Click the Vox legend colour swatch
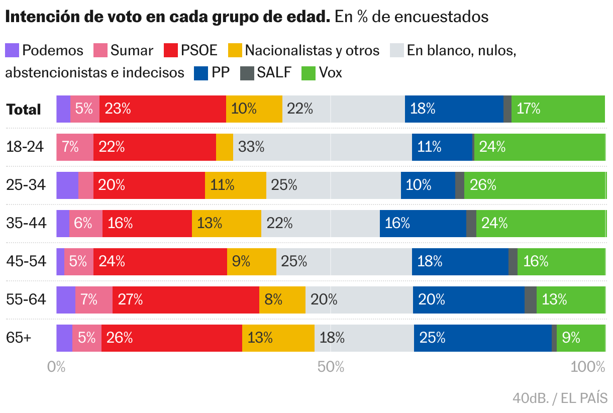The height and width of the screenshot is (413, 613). [308, 73]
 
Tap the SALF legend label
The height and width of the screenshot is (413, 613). [274, 73]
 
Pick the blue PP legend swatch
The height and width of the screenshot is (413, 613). [200, 73]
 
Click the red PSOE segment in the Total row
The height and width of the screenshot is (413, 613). [162, 109]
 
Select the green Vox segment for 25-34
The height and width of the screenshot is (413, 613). [535, 185]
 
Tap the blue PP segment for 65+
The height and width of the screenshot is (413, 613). [482, 338]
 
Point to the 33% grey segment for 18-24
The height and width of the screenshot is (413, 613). [322, 147]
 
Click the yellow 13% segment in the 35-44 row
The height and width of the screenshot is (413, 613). [226, 224]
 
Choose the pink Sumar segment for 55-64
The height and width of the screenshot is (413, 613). [94, 300]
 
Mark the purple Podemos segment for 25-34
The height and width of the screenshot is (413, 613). [67, 185]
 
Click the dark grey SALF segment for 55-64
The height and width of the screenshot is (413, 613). [530, 300]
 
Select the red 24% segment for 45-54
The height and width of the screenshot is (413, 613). [160, 262]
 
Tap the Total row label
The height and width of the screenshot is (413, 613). [24, 110]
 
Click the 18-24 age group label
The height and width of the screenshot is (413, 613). [25, 147]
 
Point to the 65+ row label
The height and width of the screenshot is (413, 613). [19, 338]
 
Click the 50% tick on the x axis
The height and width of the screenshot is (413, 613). [331, 367]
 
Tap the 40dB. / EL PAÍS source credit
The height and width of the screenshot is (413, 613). [560, 398]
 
